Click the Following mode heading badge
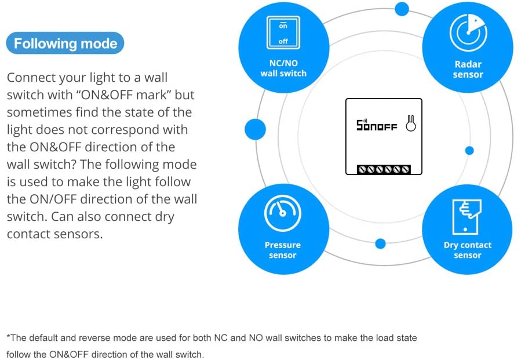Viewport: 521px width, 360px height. [65, 43]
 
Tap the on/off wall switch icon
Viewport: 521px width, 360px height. [283, 32]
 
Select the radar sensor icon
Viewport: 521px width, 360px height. [468, 32]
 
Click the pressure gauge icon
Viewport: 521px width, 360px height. [283, 213]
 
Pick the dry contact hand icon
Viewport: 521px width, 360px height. [467, 217]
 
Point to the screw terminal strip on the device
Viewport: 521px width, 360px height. [384, 169]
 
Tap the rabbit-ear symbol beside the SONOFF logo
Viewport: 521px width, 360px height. [411, 123]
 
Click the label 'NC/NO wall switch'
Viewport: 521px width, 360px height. [283, 68]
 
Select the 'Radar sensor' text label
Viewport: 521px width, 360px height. [468, 69]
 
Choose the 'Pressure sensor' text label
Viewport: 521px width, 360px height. [283, 250]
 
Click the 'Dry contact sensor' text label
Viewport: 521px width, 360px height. [468, 250]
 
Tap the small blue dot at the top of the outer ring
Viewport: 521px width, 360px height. [402, 9]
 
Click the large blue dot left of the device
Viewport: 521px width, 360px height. [255, 129]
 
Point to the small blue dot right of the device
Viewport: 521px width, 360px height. [469, 151]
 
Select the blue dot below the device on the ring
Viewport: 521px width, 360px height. [380, 243]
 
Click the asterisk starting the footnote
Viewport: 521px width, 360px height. [8, 336]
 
